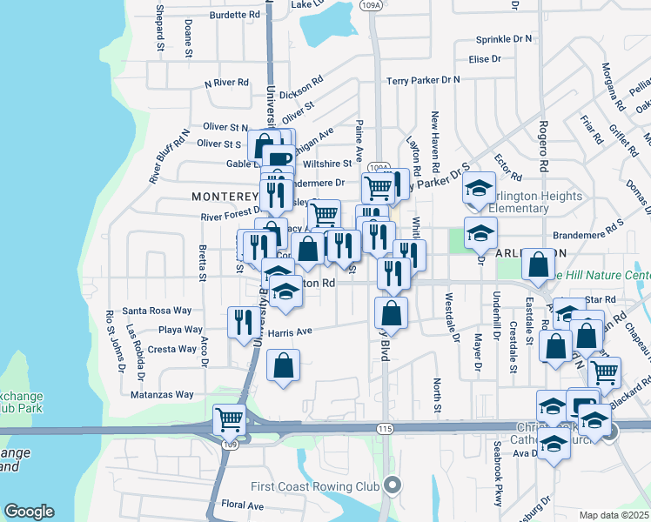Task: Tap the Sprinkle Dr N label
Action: pyautogui.click(x=504, y=39)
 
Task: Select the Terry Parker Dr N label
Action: pyautogui.click(x=423, y=79)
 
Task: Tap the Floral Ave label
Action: pyautogui.click(x=242, y=505)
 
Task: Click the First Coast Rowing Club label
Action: pyautogui.click(x=317, y=485)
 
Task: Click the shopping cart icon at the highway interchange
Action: pyautogui.click(x=229, y=418)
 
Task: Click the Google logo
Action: pyautogui.click(x=29, y=512)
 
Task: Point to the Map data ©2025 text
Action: pyautogui.click(x=614, y=515)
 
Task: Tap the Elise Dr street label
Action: pyautogui.click(x=485, y=59)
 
